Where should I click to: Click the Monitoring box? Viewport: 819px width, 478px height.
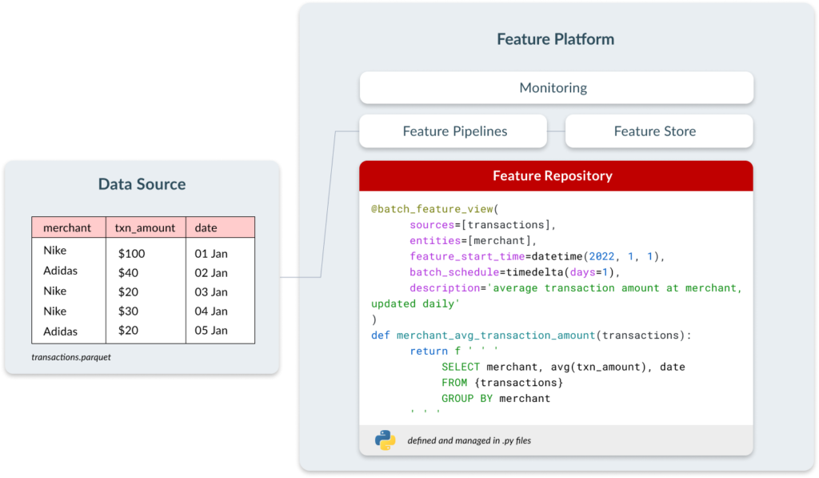557,88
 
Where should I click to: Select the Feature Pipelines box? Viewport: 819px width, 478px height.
453,131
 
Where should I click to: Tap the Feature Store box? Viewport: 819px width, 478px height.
659,131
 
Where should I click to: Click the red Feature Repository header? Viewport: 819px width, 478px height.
557,175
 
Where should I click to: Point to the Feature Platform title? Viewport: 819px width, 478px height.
555,39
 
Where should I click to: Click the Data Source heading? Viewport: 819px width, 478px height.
142,184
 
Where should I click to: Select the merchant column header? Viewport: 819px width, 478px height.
67,227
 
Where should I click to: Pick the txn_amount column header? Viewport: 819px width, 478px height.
145,228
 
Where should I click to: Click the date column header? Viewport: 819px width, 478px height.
206,227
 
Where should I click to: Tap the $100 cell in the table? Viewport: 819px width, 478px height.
132,254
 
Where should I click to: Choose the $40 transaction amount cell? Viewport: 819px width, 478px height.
128,272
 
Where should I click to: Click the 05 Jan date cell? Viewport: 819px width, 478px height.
211,331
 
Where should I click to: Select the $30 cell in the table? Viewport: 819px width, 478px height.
128,311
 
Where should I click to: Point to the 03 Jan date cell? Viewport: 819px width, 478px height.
211,291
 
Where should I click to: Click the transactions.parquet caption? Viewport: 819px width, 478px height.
71,357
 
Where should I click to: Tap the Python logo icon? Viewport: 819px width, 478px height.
386,440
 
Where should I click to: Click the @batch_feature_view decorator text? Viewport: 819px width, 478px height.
432,209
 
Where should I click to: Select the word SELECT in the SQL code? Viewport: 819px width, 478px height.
460,368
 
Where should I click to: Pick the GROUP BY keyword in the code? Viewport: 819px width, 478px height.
467,399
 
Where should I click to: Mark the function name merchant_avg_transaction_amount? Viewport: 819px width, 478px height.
496,335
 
